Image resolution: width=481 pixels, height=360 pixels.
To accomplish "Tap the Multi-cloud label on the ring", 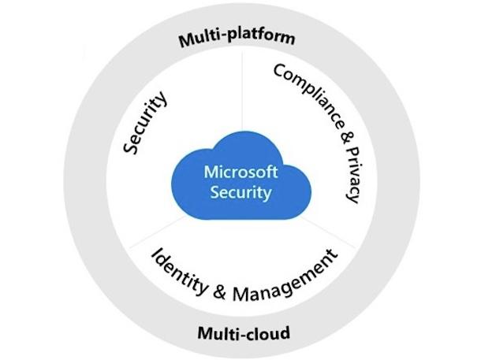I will click(243, 332).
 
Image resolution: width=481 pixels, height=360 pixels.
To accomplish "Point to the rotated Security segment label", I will click(146, 124).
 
